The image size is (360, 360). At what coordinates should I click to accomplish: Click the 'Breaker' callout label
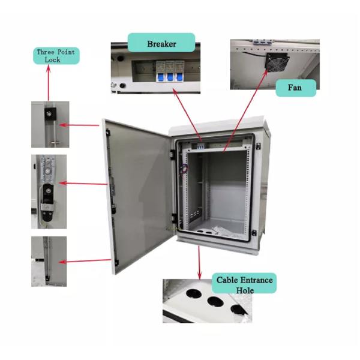tap(162, 44)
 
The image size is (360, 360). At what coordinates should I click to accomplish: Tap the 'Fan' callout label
tap(295, 88)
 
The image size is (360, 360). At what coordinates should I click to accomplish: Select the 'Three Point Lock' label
tap(57, 56)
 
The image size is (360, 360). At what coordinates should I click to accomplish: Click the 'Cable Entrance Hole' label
tap(244, 285)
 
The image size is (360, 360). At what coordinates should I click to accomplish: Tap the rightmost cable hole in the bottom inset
tap(238, 310)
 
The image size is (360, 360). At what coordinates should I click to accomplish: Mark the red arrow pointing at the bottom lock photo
tap(84, 260)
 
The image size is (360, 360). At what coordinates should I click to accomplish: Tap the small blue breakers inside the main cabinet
tap(202, 145)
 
